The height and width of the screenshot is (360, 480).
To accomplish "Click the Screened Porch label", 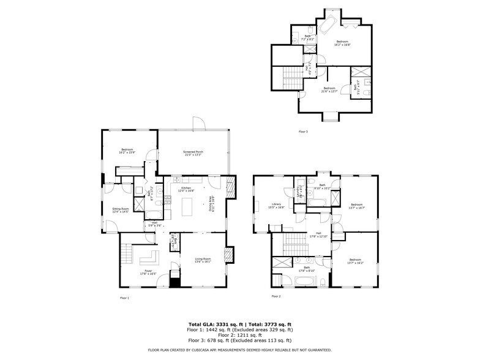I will tap(193, 153).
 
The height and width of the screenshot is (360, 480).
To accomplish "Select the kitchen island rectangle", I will tap(187, 210).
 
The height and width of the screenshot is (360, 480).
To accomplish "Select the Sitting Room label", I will tap(121, 210).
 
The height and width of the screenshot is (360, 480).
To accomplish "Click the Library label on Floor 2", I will tap(276, 205).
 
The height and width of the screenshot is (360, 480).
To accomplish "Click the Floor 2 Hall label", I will tap(318, 234).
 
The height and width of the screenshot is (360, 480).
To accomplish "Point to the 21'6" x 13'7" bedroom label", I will tap(329, 89).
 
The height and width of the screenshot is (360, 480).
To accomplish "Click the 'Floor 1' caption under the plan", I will tap(124, 298).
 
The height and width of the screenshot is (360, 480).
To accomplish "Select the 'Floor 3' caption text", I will tap(303, 132).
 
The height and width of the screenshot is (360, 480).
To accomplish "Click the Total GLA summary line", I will tap(239, 324).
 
